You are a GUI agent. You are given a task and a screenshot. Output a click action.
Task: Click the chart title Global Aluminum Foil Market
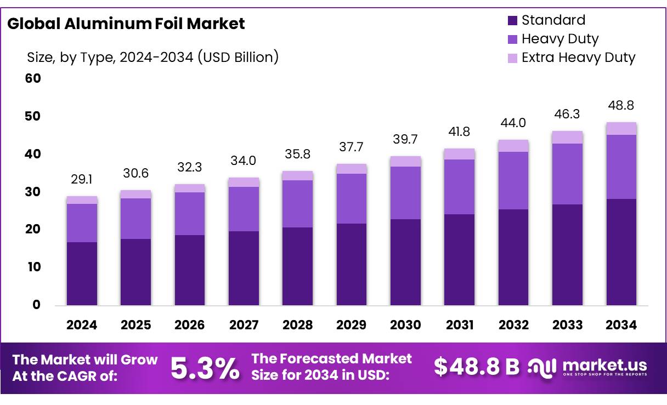click(126, 24)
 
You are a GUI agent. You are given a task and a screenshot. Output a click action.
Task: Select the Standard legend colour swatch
click(513, 21)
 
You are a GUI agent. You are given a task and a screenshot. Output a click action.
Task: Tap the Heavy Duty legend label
click(559, 39)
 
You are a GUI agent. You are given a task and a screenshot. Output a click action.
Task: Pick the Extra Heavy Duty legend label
click(578, 58)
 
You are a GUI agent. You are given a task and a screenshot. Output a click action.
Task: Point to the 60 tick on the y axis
click(33, 78)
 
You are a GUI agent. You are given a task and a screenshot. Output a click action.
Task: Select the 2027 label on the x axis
click(244, 325)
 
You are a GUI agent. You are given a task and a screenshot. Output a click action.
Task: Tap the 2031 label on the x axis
click(460, 325)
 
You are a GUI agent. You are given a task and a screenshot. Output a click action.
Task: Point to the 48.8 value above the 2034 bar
click(621, 106)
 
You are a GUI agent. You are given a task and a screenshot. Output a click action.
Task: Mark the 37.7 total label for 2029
click(352, 147)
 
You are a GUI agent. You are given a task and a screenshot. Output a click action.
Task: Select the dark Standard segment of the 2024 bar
click(82, 273)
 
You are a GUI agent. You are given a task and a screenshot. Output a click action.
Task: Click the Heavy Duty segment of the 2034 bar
click(621, 167)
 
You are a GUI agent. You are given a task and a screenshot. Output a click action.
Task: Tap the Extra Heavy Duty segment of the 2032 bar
click(513, 146)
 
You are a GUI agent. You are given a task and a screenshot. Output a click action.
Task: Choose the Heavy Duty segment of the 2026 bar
click(190, 213)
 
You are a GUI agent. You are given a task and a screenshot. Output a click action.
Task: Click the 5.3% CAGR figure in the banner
click(205, 368)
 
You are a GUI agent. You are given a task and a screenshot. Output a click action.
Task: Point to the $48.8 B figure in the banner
click(476, 367)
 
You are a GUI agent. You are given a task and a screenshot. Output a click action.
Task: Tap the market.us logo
click(587, 367)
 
